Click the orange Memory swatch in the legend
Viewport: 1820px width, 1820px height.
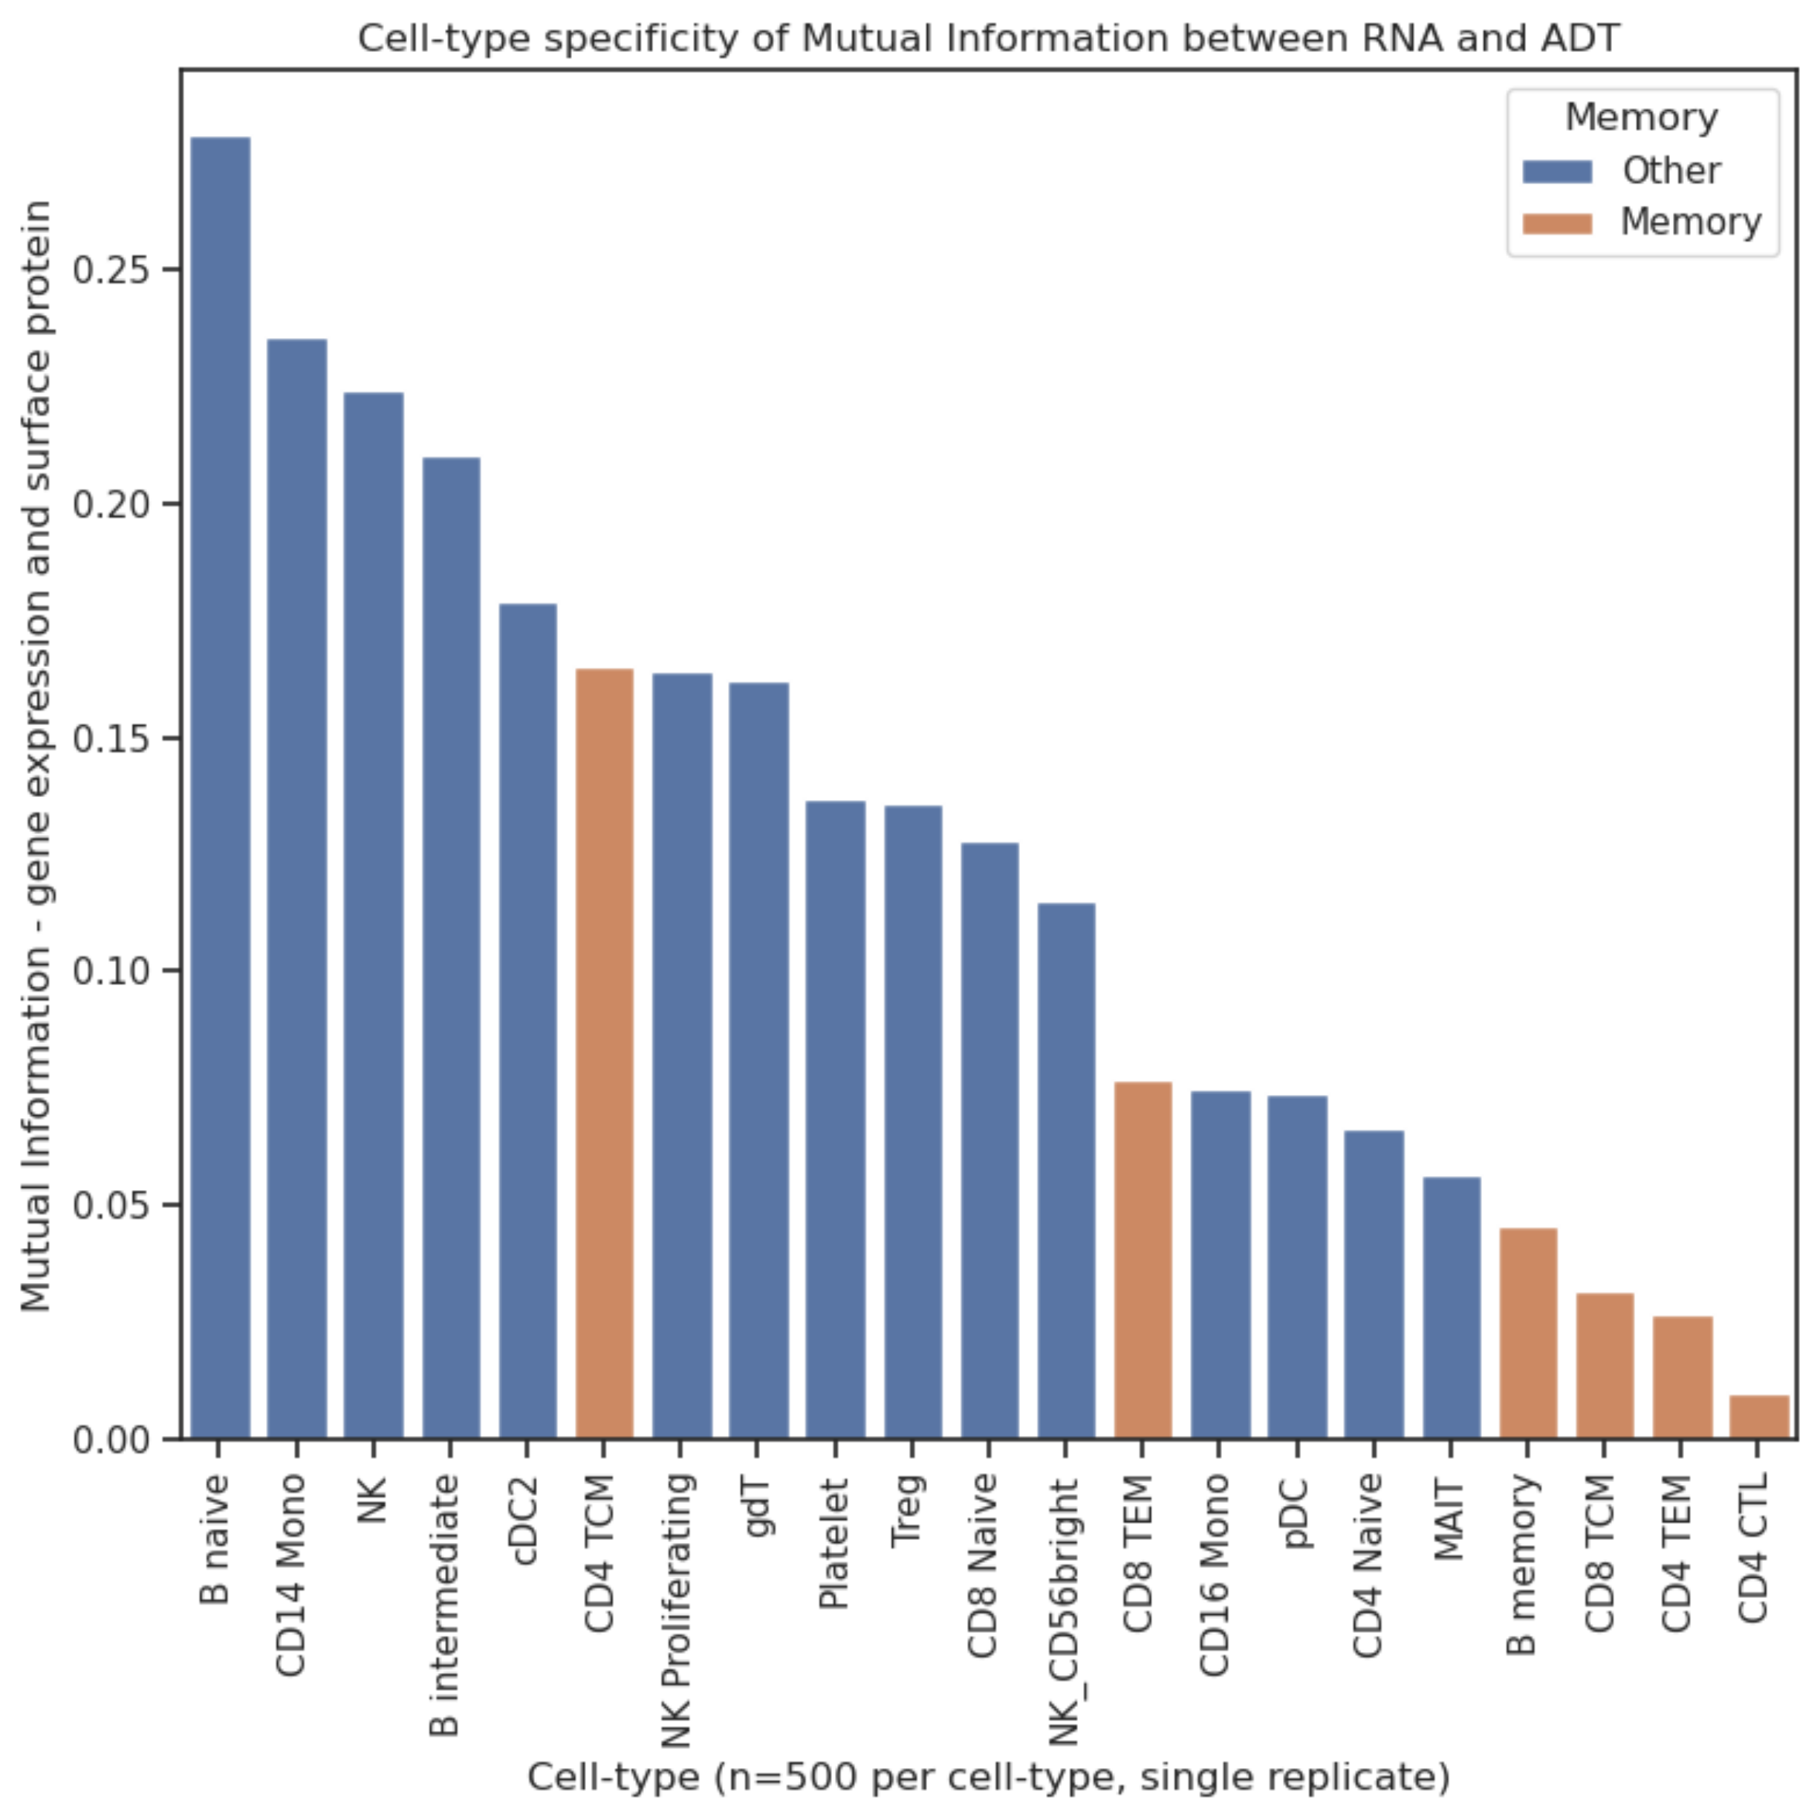click(x=1556, y=224)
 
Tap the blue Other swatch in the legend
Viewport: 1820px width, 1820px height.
click(x=1556, y=172)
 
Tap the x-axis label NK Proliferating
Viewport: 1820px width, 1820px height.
click(x=679, y=1610)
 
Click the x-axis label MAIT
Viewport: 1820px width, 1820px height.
click(x=1451, y=1521)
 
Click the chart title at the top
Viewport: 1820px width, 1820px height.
click(x=988, y=39)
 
